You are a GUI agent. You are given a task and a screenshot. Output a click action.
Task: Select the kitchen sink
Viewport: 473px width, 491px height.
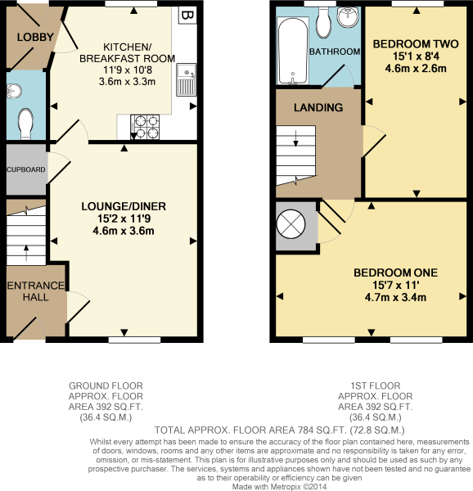point(187,80)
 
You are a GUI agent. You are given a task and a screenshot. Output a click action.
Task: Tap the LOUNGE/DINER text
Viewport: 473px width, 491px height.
point(124,205)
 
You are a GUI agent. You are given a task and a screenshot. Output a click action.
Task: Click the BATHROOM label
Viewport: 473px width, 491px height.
point(334,52)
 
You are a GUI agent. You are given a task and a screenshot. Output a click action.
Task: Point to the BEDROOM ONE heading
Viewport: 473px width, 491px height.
point(395,273)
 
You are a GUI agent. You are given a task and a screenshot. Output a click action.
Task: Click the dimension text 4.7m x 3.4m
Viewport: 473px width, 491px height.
point(395,297)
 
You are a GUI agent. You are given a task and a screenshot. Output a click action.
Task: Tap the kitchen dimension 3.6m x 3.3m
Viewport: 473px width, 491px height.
point(127,82)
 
